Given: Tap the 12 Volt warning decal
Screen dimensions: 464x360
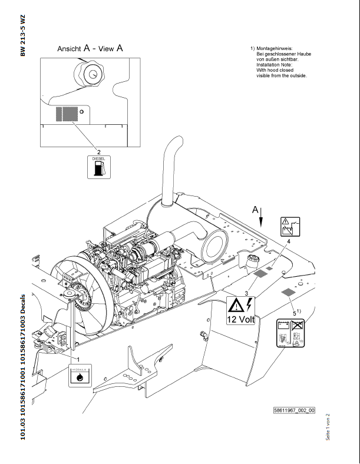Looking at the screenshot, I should [240, 311].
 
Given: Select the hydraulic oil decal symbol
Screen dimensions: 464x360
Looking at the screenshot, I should [79, 375].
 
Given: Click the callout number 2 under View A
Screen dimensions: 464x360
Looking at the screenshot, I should [98, 152].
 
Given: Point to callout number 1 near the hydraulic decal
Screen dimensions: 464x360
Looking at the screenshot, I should [78, 357].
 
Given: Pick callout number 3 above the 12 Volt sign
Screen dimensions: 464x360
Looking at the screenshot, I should [246, 293].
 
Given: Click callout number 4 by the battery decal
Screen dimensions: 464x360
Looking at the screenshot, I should [289, 241].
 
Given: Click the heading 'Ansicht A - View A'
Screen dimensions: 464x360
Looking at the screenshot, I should [90, 49].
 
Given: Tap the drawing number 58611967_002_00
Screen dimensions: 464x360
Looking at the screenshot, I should [294, 410].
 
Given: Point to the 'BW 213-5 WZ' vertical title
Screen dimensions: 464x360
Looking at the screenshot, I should [23, 35].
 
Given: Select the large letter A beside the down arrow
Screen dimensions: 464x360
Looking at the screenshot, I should [255, 210].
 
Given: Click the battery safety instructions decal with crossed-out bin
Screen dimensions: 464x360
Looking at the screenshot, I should [290, 334].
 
